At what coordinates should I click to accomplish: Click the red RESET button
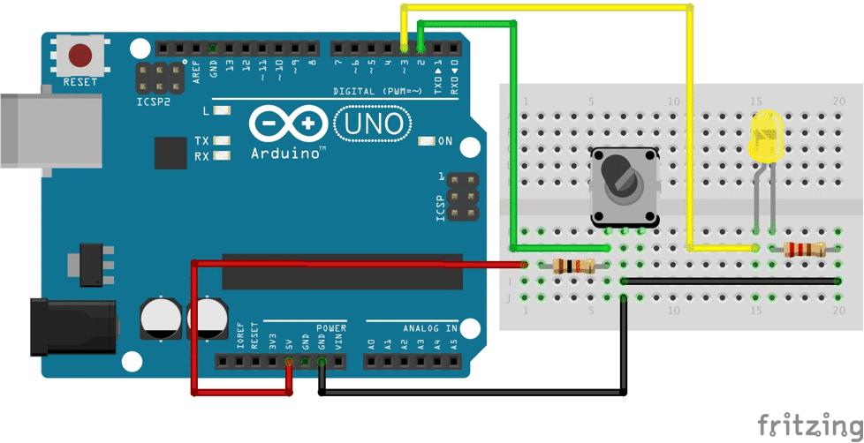click(x=80, y=55)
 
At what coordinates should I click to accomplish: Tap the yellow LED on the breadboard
click(x=764, y=138)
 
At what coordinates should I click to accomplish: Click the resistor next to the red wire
click(x=573, y=265)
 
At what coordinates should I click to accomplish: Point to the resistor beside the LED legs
click(x=805, y=250)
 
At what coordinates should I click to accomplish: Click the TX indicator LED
click(x=222, y=141)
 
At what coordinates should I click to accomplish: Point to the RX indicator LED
click(x=222, y=156)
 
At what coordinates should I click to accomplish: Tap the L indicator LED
click(x=222, y=111)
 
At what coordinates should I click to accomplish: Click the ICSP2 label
click(x=154, y=101)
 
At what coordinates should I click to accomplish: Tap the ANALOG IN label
click(x=430, y=328)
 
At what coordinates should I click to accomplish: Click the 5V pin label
click(x=289, y=342)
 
